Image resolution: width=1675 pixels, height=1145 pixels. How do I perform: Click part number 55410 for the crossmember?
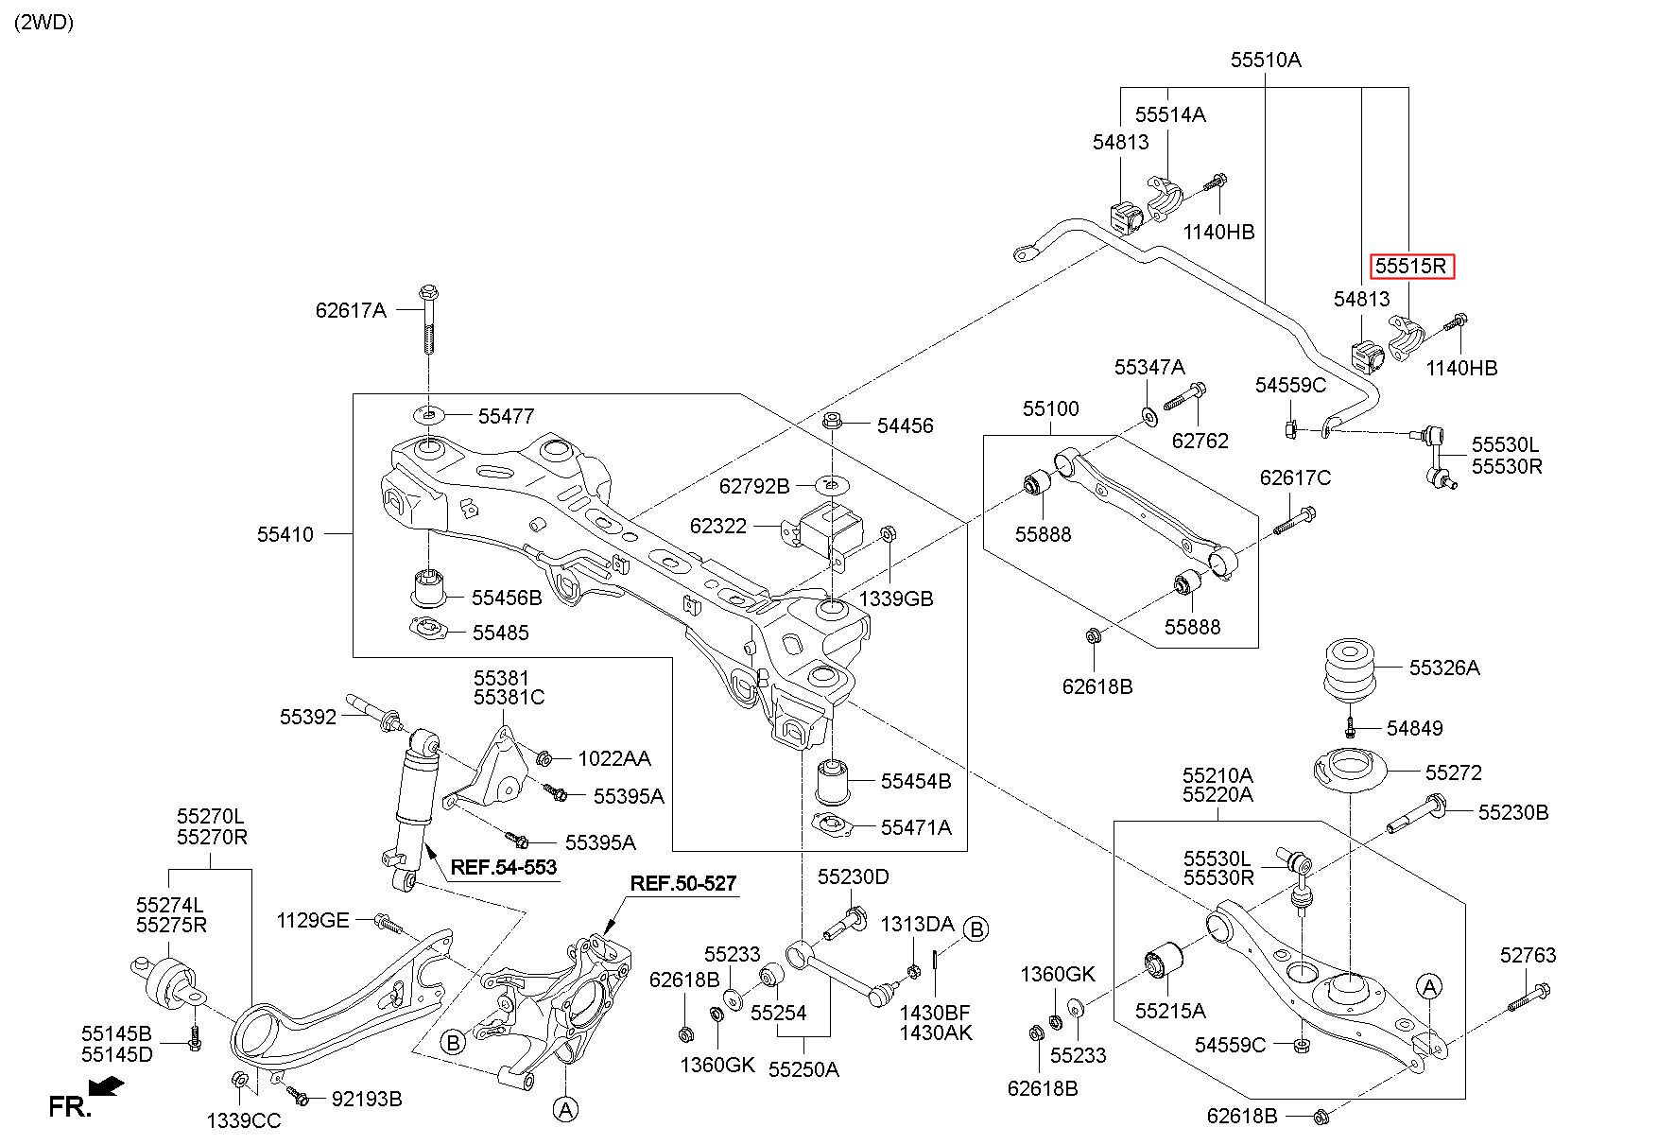285,534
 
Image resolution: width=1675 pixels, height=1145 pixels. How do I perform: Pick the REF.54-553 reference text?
503,867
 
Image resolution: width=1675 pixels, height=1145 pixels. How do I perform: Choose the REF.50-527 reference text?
682,883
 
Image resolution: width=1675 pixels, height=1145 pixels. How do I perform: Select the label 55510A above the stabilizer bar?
1266,60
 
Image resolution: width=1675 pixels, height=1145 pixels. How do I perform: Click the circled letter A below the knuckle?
565,1108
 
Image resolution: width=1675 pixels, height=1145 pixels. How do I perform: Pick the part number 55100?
1050,409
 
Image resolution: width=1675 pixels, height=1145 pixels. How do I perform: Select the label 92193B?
367,1099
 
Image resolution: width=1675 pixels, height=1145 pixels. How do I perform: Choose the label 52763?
1528,956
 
